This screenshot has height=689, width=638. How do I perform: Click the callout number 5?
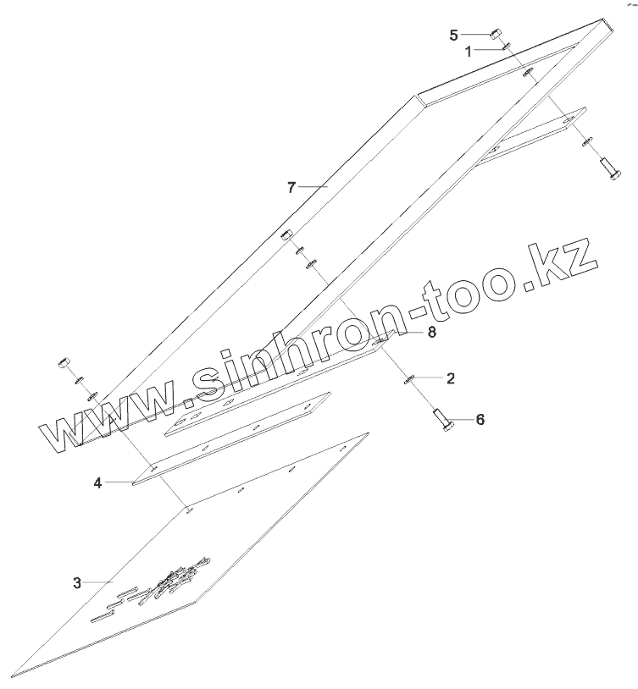tap(454, 35)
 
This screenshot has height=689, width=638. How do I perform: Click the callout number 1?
tap(468, 51)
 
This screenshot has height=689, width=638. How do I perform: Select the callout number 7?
tap(291, 187)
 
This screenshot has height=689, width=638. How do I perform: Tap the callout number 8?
tap(431, 333)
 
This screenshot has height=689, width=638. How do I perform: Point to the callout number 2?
tap(450, 378)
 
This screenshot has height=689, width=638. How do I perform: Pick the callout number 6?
tap(480, 419)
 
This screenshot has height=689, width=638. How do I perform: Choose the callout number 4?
tap(98, 482)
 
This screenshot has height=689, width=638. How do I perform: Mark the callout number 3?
tap(77, 582)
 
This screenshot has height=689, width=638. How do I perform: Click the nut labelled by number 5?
tap(495, 35)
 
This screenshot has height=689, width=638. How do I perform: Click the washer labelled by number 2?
tap(408, 378)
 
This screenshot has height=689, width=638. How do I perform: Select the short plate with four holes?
tap(246, 413)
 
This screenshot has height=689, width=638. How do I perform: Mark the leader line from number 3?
tap(97, 582)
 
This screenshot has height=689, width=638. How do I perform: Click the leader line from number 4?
tap(119, 482)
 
